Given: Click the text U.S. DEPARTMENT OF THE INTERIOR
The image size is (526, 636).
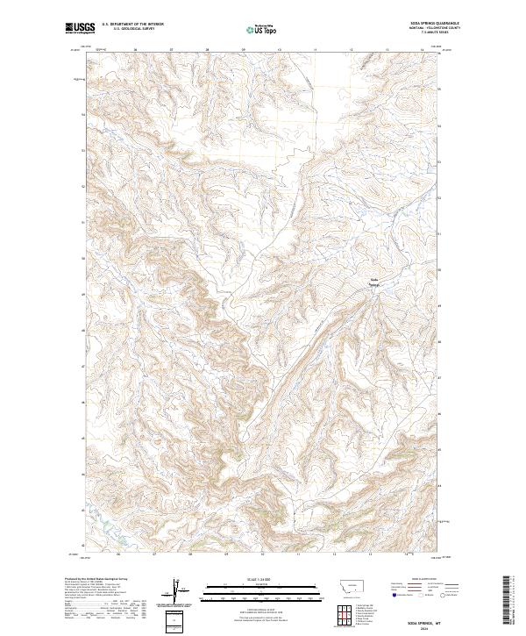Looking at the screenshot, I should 133,24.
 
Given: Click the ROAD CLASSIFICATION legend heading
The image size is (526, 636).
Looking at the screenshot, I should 423,579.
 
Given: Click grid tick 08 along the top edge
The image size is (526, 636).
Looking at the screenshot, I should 208,50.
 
